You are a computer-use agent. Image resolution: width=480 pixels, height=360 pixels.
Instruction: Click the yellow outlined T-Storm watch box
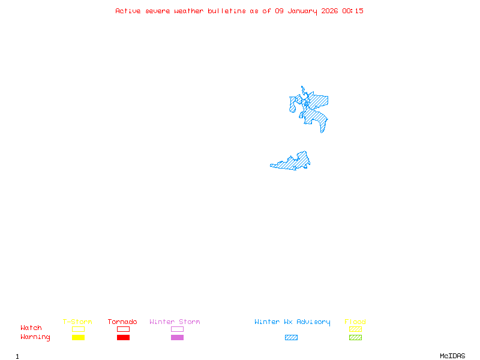click(x=78, y=329)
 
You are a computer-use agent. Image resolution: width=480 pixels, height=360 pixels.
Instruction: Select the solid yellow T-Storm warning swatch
click(x=78, y=338)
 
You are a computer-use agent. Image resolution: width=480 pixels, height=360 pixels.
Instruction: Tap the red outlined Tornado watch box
click(x=123, y=329)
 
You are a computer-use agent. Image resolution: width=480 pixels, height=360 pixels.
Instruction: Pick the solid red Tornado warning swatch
click(x=123, y=338)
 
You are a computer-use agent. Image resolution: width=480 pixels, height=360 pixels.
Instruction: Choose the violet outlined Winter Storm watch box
click(x=177, y=329)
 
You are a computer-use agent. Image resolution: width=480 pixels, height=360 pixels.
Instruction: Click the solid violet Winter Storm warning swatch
click(x=177, y=338)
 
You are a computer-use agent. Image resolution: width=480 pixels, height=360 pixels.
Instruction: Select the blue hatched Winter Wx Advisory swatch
click(x=291, y=338)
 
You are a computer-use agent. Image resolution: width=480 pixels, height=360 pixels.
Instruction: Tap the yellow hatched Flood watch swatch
click(x=355, y=329)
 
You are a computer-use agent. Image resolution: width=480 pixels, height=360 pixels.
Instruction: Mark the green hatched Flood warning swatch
click(x=355, y=338)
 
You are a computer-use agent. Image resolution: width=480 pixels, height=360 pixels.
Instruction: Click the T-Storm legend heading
click(x=77, y=322)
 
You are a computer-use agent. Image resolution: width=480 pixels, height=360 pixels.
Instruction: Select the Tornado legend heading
click(x=122, y=322)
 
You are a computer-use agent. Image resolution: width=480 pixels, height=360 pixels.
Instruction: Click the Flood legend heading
click(x=355, y=322)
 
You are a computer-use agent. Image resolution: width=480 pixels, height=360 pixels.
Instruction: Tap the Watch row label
click(x=31, y=328)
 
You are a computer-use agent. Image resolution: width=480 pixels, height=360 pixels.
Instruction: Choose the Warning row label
click(x=35, y=337)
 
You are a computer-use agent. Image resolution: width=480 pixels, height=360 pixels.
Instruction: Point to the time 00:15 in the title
click(x=353, y=11)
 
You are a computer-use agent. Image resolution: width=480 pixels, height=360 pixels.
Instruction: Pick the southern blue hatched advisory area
click(x=294, y=162)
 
